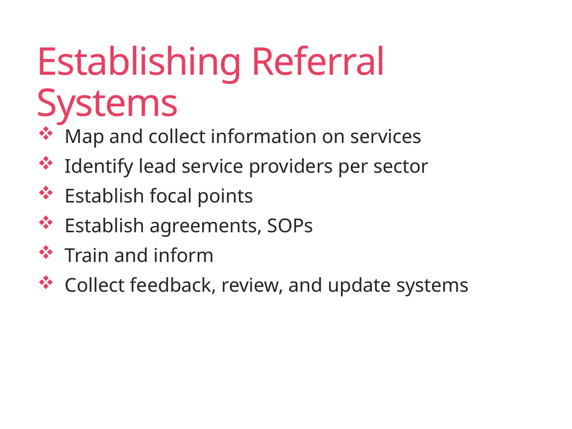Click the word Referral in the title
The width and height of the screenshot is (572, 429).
point(318,61)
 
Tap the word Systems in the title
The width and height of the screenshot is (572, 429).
point(107,103)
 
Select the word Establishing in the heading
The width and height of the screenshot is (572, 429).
point(139,63)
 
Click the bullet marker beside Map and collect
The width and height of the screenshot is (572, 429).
point(46,133)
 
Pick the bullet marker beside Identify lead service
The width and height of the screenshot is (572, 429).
point(46,163)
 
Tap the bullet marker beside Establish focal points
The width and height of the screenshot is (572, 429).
point(46,193)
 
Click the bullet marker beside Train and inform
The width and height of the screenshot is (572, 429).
point(46,252)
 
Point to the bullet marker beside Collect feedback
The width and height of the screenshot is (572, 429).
point(46,282)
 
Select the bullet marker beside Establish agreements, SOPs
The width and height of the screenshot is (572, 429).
point(46,222)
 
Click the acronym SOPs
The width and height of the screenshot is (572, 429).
point(290,226)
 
